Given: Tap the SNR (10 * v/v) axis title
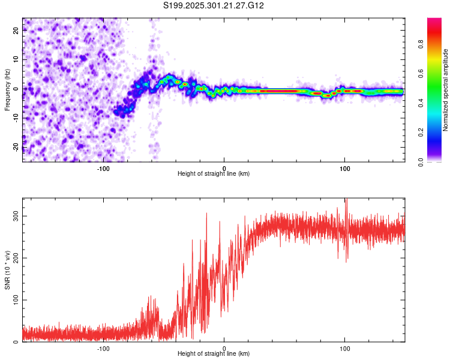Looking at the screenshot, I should (x=7, y=270).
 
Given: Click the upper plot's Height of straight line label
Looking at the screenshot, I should (x=214, y=173).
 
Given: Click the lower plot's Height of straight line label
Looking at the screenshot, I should (x=214, y=354).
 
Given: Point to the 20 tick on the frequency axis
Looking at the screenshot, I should (x=16, y=31).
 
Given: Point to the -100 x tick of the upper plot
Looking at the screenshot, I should (x=103, y=167).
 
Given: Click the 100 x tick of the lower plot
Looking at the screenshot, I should (x=345, y=348).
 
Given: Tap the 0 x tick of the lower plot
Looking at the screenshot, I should (x=224, y=348).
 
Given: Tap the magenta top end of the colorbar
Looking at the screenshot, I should (x=434, y=21).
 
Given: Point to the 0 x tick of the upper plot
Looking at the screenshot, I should (x=224, y=167).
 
